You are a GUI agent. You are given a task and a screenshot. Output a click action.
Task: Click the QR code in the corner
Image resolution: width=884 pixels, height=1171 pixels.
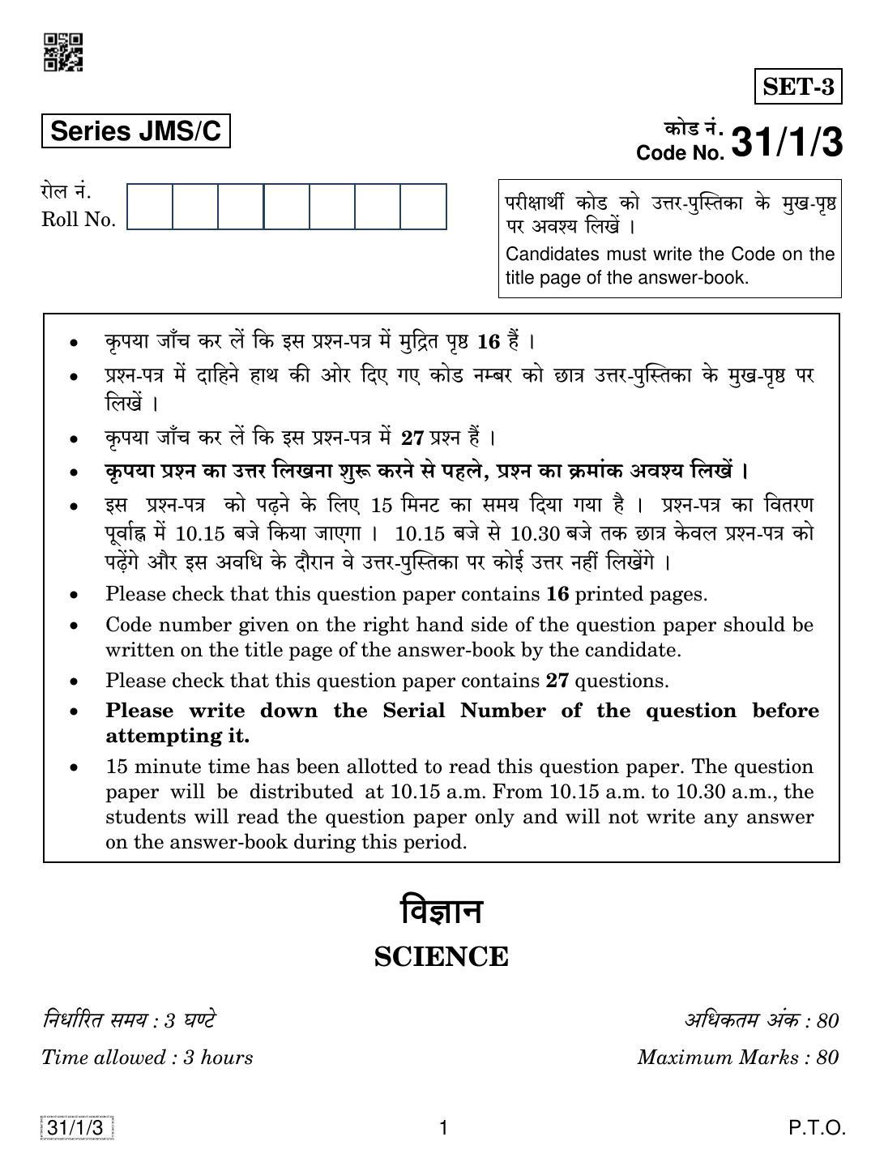coord(62,52)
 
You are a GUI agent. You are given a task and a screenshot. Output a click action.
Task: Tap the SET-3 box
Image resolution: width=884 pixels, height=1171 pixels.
coord(798,87)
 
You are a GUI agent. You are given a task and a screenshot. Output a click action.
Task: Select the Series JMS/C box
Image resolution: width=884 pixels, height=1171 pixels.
coord(135,131)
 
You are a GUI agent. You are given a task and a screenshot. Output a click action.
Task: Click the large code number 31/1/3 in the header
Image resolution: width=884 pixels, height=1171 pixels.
coord(786,143)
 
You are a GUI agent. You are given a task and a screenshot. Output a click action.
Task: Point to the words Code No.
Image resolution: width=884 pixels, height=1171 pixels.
coord(680,153)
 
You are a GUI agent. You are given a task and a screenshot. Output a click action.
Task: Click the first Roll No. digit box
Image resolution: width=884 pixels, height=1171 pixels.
coord(150,207)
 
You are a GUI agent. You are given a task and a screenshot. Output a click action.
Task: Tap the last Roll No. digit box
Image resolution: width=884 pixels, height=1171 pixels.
coord(423,207)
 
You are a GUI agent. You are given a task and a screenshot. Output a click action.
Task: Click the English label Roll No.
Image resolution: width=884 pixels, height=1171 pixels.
coord(79,220)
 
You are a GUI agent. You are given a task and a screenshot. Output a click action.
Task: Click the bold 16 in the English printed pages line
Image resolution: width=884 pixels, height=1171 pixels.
coord(557,594)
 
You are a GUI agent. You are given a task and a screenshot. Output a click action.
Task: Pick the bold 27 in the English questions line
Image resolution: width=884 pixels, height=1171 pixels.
coord(557,681)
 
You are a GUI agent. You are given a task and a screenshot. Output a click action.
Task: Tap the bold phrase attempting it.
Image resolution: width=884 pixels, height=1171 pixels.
coord(177,736)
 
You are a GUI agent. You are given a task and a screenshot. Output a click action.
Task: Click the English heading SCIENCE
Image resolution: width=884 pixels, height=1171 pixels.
coord(442,957)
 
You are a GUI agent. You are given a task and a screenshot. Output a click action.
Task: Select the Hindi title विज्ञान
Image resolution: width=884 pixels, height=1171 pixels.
coord(442,912)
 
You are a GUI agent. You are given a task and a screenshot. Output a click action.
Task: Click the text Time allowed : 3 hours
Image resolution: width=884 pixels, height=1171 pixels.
coord(147,1058)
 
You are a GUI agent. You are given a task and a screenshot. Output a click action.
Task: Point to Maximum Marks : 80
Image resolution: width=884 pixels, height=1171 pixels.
coord(737,1058)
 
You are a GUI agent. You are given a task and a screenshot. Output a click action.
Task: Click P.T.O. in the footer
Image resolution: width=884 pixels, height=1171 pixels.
coord(818,1128)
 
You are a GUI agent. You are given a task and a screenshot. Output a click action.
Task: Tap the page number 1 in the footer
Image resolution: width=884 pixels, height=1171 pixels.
coord(443,1128)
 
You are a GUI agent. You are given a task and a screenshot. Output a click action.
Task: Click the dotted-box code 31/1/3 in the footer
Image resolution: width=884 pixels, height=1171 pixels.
coord(76,1128)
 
